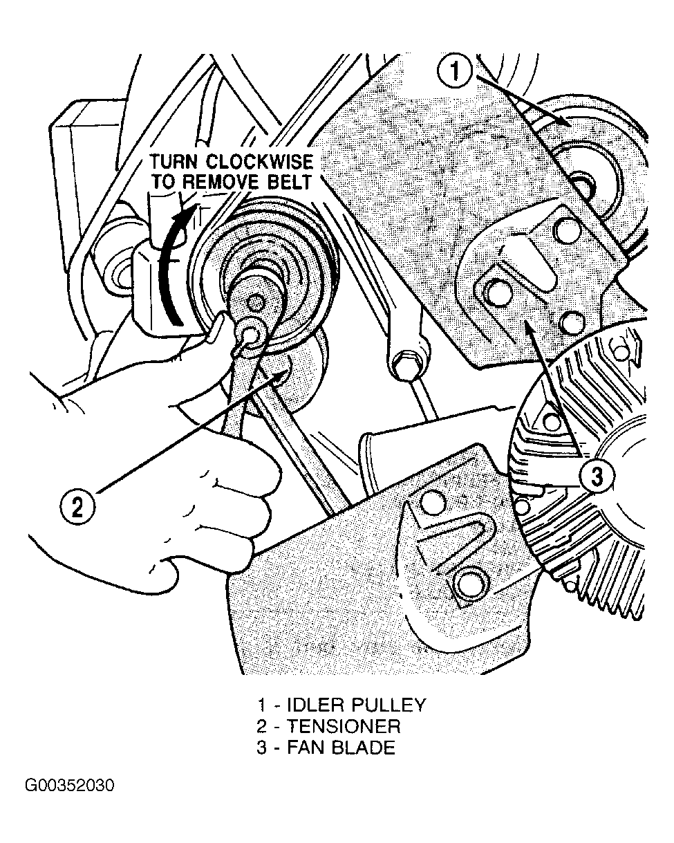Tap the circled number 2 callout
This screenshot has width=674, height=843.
point(77,508)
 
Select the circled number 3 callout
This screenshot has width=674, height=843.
point(597,476)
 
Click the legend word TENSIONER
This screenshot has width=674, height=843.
point(344,726)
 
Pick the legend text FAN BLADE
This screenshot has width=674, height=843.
point(341,748)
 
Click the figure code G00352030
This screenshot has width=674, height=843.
point(70,786)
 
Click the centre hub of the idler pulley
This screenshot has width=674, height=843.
point(584,185)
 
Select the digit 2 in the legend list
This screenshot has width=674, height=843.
point(262,726)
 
